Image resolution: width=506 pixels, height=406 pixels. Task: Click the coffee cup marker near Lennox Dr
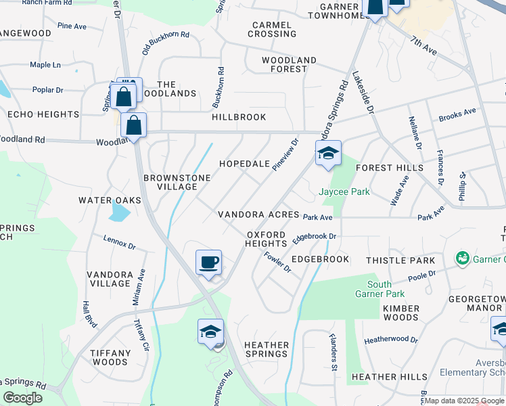(x=208, y=262)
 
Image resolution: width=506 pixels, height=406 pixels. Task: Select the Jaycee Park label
(x=344, y=191)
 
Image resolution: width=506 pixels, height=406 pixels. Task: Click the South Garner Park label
(x=380, y=289)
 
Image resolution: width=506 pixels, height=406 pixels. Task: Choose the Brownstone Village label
(x=177, y=182)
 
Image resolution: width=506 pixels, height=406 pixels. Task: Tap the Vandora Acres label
(x=258, y=215)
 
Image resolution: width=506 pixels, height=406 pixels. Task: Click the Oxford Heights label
(x=267, y=238)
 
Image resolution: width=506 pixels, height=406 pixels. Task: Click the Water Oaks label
(x=110, y=200)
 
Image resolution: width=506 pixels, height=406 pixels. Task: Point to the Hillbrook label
(x=239, y=117)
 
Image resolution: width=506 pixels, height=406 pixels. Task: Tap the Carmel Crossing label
(x=273, y=29)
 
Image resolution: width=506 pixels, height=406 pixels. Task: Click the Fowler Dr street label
(x=278, y=262)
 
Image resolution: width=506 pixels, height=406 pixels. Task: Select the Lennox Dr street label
(x=120, y=240)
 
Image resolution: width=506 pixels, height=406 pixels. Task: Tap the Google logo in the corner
(x=22, y=398)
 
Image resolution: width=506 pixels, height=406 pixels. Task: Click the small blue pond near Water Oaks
(x=118, y=213)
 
